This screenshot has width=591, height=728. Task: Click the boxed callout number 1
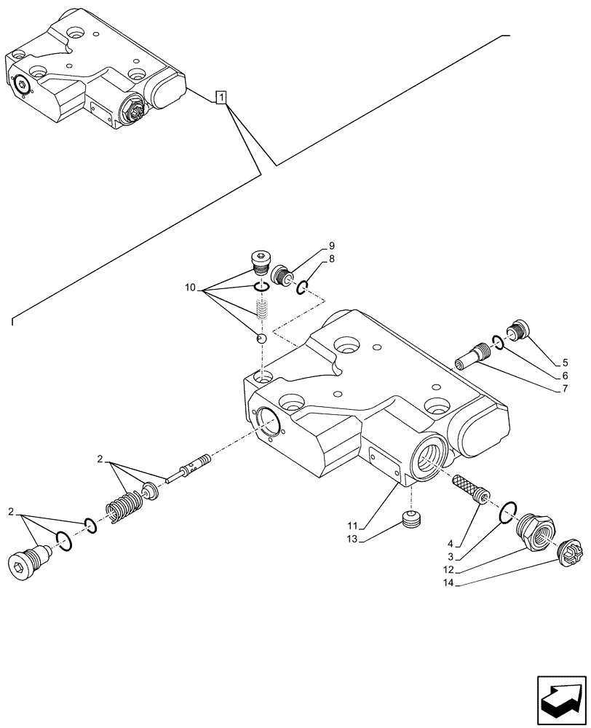(222, 98)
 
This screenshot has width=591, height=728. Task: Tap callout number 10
(190, 289)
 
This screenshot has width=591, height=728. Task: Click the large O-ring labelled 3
(509, 512)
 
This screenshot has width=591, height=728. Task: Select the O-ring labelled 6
(497, 342)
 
